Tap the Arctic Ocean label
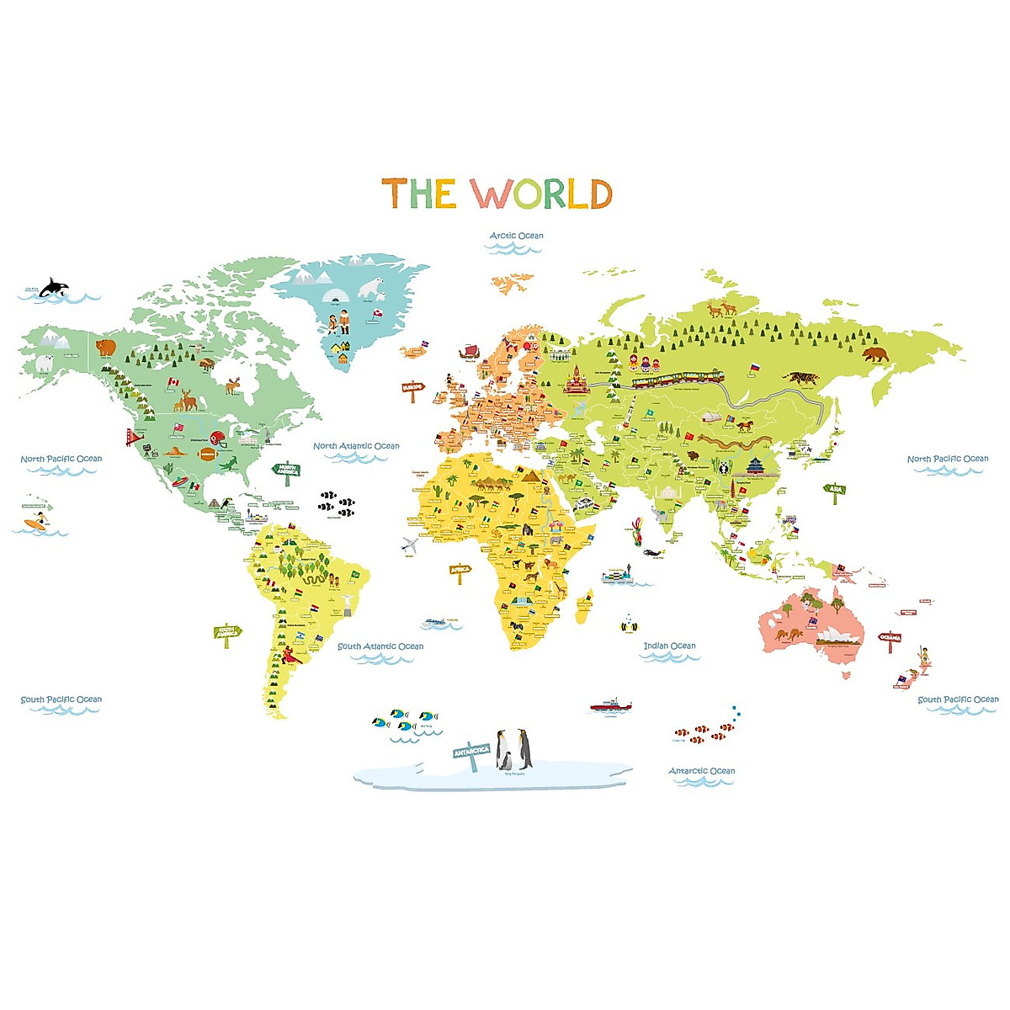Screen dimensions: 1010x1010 coord(517,236)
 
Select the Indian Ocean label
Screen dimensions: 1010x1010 coord(670,646)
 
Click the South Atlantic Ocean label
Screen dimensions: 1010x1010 coord(380,646)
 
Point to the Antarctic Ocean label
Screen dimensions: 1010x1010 coord(701,771)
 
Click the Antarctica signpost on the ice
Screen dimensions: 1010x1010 coord(471,752)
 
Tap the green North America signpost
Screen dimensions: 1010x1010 coord(287,470)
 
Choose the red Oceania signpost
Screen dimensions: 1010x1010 coord(890,638)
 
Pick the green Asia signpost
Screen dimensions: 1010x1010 coord(834,489)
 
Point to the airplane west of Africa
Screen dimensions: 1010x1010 coord(411,545)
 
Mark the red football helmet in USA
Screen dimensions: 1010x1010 coord(218,438)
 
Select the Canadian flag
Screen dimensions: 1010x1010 coord(173,382)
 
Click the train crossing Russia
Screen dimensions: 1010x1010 coord(678,380)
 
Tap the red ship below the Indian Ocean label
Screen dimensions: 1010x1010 coord(609,704)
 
